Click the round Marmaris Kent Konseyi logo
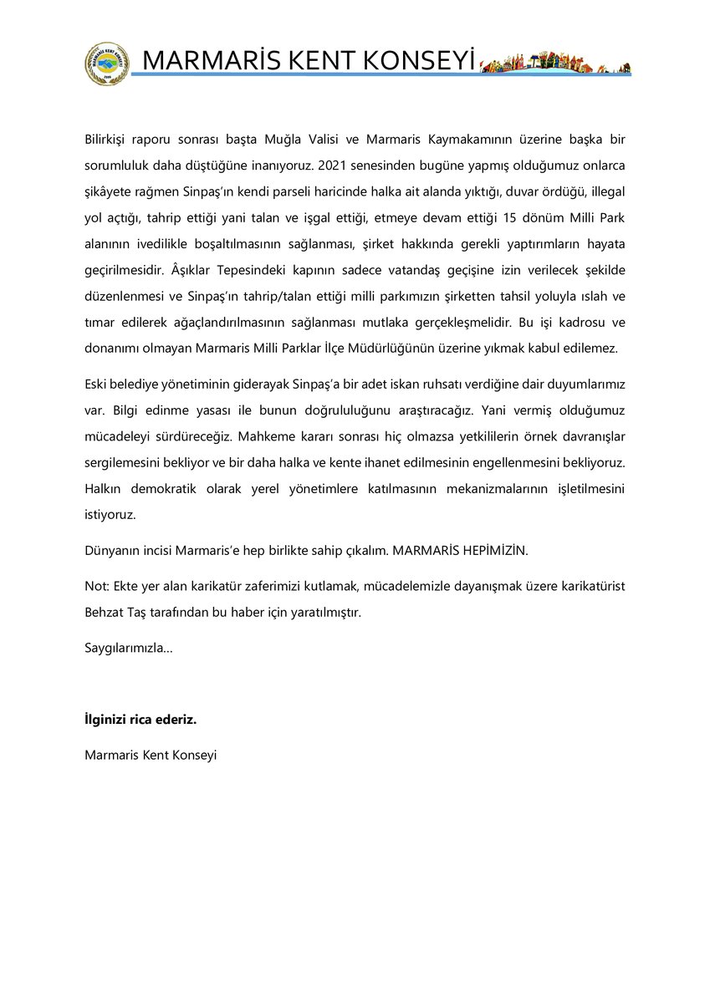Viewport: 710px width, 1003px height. [x=106, y=64]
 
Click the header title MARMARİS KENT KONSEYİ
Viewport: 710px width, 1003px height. [x=308, y=61]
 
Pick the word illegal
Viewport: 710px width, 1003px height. [x=601, y=191]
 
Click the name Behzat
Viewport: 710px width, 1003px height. [x=105, y=613]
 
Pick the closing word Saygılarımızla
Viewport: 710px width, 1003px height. [x=126, y=649]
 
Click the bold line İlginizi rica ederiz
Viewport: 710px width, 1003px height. [x=140, y=719]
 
